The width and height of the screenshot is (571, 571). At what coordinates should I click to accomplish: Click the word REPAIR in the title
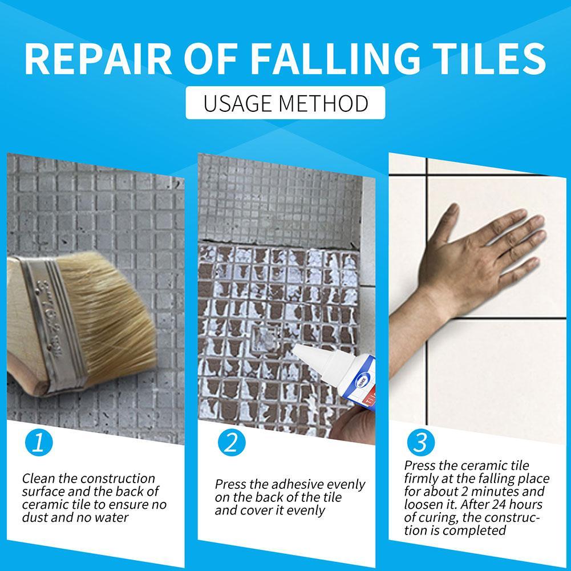point(98,59)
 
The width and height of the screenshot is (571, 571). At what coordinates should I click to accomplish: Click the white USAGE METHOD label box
point(285,103)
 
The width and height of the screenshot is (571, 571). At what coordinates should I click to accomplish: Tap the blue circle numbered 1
point(39,443)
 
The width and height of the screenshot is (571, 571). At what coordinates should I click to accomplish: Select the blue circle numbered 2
point(232,443)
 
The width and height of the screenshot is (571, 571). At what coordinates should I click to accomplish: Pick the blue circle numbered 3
point(421,442)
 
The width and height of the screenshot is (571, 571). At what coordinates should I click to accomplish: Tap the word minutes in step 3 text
point(495,492)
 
